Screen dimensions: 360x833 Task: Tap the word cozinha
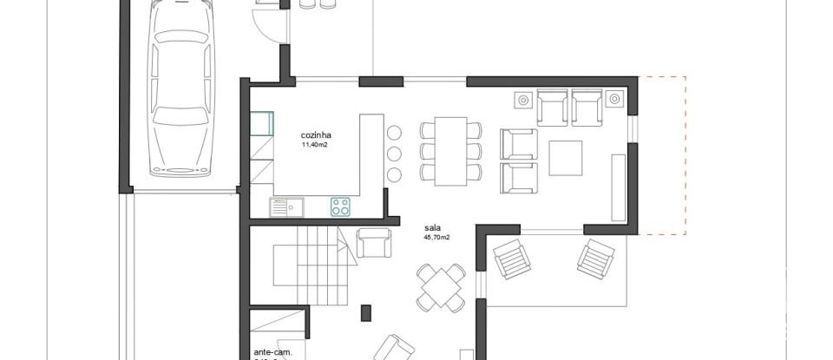[317, 135]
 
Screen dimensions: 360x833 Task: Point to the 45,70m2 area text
[436, 237]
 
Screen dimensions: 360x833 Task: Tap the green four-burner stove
[340, 206]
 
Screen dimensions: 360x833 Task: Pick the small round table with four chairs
[442, 288]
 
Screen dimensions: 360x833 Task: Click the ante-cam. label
[273, 353]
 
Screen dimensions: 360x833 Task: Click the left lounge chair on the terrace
[511, 258]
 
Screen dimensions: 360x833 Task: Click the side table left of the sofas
[523, 100]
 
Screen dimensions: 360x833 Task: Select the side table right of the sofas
[614, 100]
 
